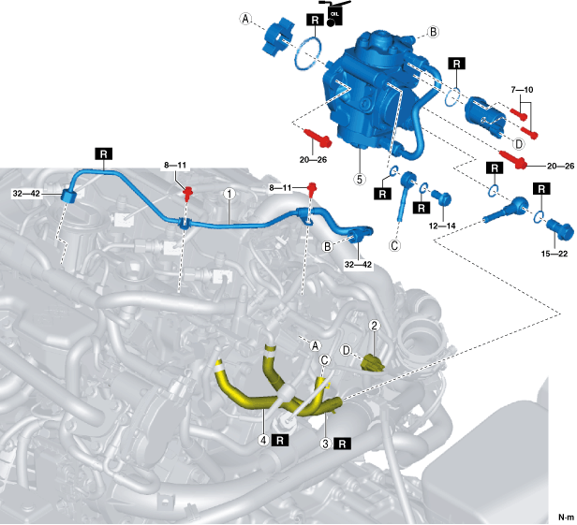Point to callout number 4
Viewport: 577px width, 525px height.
[264, 438]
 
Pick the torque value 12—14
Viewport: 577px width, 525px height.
[442, 225]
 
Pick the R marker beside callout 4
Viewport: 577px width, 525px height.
[279, 438]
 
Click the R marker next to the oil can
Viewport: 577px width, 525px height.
[313, 18]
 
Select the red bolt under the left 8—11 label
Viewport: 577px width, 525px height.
[187, 194]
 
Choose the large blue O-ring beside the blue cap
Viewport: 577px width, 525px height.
[307, 53]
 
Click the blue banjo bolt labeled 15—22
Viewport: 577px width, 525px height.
[559, 228]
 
